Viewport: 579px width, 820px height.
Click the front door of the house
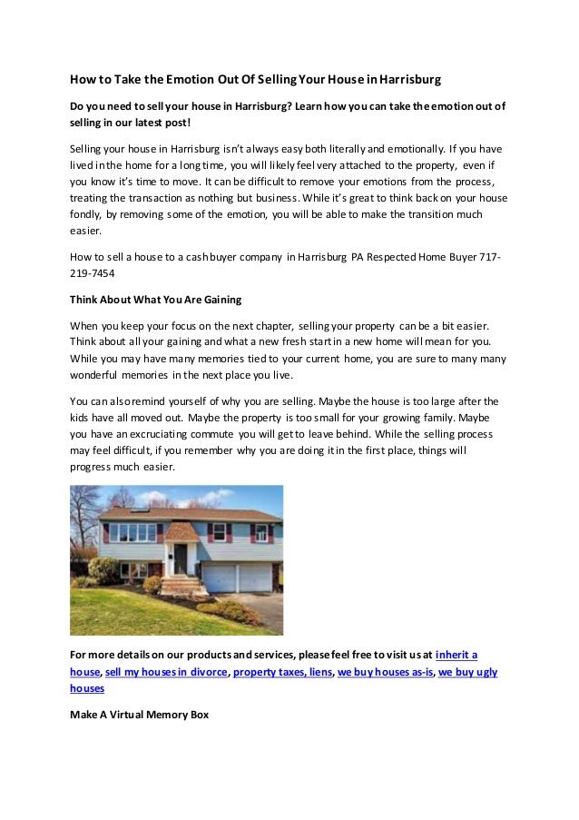[182, 559]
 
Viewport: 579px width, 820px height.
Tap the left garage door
[219, 577]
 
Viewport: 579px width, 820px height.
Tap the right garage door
[257, 577]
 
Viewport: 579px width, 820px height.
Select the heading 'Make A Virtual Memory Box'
[139, 715]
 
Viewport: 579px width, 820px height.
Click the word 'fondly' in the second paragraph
[88, 214]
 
